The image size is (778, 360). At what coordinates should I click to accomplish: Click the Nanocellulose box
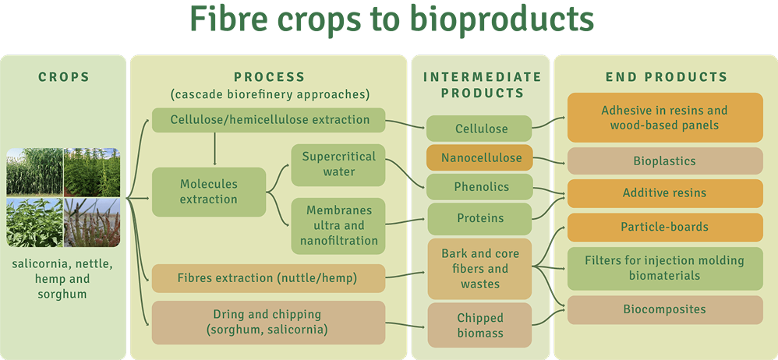click(479, 157)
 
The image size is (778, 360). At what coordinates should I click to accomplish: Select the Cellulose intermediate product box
click(479, 129)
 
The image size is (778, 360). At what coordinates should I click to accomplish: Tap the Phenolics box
click(479, 187)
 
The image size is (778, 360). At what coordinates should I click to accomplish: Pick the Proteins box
click(479, 218)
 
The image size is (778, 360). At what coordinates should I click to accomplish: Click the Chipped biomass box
click(479, 325)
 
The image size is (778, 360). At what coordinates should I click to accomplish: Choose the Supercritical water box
click(338, 164)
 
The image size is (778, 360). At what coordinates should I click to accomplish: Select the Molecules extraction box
click(208, 192)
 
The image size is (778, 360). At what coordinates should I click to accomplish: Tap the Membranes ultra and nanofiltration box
click(338, 226)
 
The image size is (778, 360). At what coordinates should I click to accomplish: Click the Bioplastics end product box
click(665, 161)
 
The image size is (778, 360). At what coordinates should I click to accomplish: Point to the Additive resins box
click(665, 193)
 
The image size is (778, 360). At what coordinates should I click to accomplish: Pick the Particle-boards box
click(665, 227)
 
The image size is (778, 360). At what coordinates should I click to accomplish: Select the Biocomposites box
click(665, 309)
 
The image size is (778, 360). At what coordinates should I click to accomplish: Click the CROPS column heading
click(63, 77)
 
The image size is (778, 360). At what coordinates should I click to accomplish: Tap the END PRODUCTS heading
click(667, 77)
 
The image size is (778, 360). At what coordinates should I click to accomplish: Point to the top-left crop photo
click(34, 171)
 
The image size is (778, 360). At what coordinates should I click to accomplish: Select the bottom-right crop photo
click(92, 221)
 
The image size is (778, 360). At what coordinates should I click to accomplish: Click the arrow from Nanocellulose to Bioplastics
click(549, 160)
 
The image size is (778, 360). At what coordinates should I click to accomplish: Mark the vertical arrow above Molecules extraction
click(214, 149)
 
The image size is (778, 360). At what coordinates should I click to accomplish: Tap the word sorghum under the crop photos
click(62, 294)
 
